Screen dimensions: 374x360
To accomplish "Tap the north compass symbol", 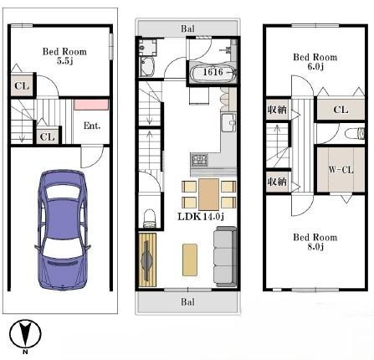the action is tap(25, 334).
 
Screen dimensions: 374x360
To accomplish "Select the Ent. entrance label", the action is tap(92, 126).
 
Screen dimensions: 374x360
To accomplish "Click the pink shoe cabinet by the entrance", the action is tap(91, 105).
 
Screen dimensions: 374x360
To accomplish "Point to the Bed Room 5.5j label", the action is tap(64, 56).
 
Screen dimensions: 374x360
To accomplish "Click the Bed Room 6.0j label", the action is tap(315, 61).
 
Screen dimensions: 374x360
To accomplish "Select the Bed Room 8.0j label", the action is tap(315, 242).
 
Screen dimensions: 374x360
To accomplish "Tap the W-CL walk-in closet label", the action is tap(341, 169).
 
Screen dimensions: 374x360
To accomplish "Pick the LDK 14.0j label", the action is tap(201, 217).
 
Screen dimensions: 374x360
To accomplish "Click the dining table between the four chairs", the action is tap(208, 194).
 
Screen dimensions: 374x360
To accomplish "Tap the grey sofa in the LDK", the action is tap(225, 257).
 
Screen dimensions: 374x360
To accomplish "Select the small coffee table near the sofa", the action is tap(190, 260).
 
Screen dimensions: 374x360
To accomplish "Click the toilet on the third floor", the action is tap(355, 133).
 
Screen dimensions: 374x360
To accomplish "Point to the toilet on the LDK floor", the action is tap(150, 218).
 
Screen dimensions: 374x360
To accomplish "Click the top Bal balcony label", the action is tap(187, 28).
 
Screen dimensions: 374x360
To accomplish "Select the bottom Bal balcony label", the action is tap(187, 301).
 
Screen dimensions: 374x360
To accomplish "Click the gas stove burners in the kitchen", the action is tap(200, 160).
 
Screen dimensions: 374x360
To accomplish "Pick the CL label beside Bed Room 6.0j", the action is tap(341, 110).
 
